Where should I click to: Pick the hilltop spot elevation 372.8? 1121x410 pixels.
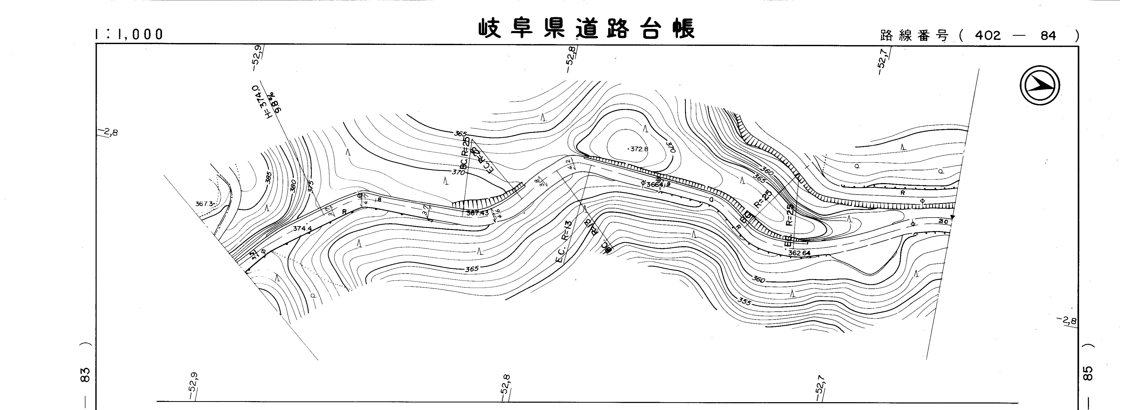(638, 149)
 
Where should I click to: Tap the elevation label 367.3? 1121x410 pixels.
(204, 204)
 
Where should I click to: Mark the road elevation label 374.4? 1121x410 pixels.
(302, 228)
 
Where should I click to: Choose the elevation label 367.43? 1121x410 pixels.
(477, 213)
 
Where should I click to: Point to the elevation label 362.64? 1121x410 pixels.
(799, 253)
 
